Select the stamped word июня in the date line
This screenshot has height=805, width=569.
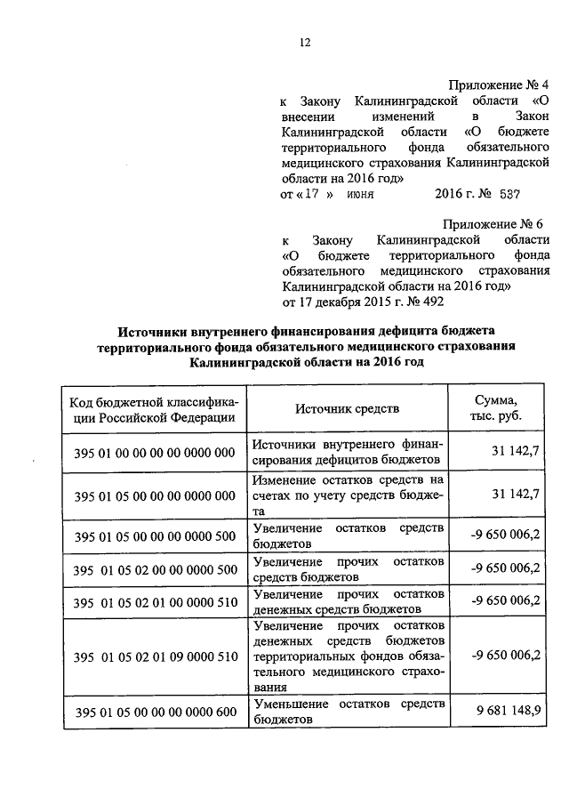pyautogui.click(x=360, y=193)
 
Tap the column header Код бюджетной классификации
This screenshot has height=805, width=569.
pyautogui.click(x=155, y=408)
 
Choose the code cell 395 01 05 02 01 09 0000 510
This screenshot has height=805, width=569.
pyautogui.click(x=155, y=656)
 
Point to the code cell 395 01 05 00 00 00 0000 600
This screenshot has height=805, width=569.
pyautogui.click(x=155, y=712)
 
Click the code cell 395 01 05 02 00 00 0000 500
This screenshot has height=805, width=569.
pyautogui.click(x=155, y=568)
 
